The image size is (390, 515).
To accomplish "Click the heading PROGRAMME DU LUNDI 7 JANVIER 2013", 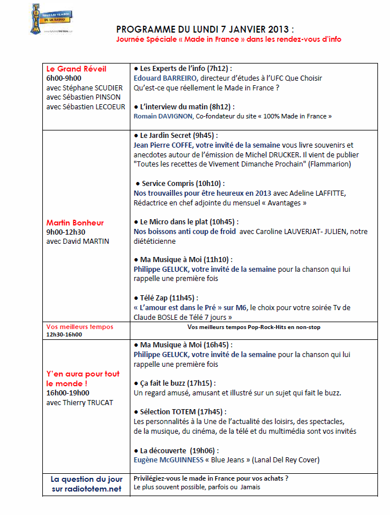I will point(205,29).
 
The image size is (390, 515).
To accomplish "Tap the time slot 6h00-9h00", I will point(64,78).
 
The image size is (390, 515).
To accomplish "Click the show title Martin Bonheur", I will point(75,222).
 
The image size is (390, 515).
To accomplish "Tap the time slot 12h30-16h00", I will point(64,334).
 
